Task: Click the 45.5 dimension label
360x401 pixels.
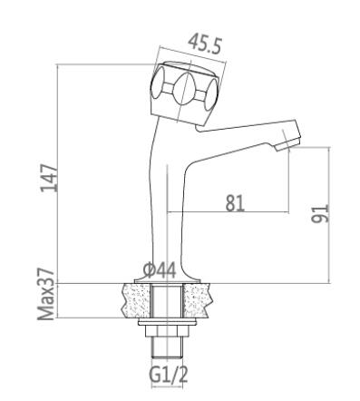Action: [x=205, y=45]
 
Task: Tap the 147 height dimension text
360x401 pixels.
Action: [x=49, y=178]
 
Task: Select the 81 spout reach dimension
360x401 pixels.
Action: [x=235, y=203]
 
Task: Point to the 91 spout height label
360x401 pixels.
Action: [x=320, y=213]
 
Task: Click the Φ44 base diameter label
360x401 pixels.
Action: [x=160, y=270]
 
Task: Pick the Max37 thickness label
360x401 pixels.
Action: [x=46, y=294]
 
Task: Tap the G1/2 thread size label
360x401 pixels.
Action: [x=169, y=375]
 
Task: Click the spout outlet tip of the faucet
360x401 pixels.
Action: [x=287, y=144]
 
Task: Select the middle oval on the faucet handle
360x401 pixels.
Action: [x=184, y=89]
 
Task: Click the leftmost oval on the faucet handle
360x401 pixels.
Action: [x=158, y=83]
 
